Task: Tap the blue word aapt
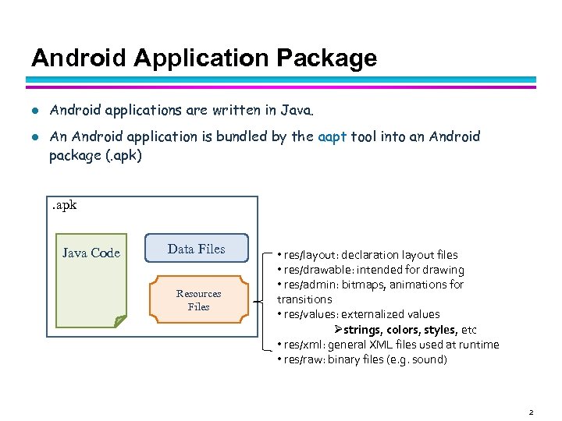click(333, 136)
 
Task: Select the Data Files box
click(196, 249)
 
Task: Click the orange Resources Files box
click(198, 300)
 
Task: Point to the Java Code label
click(91, 253)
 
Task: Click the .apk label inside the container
click(64, 206)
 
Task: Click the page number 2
click(530, 412)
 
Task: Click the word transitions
click(304, 299)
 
